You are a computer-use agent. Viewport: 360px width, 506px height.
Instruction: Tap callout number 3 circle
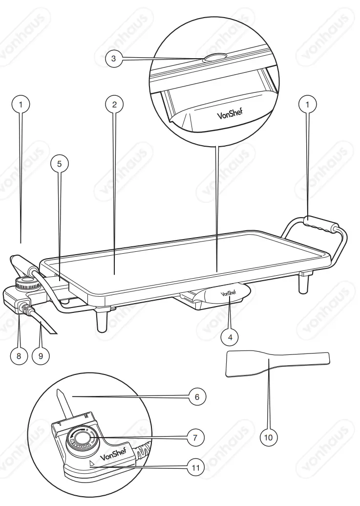[x=113, y=59]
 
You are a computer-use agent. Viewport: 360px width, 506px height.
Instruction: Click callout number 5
[x=59, y=164]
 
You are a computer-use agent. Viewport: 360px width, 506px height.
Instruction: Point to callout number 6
[x=197, y=396]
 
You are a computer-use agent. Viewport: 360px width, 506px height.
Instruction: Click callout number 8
[x=19, y=356]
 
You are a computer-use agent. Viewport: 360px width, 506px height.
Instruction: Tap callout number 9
[x=41, y=356]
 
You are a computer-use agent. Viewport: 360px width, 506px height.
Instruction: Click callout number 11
[x=197, y=467]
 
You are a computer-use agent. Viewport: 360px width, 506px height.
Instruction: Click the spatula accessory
[x=276, y=365]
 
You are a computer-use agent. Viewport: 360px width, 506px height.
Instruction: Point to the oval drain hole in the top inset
[x=214, y=57]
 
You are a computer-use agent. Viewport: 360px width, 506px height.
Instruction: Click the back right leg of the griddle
[x=306, y=282]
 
